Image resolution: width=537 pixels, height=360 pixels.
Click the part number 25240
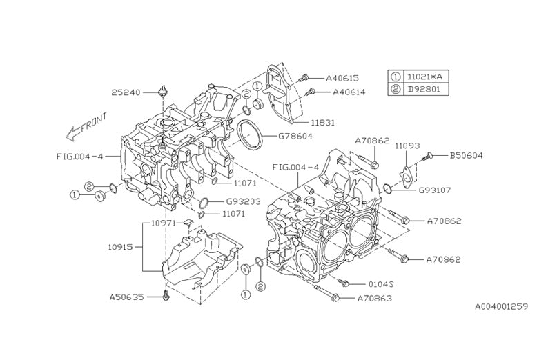coord(127,91)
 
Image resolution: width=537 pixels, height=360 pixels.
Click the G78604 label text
coord(295,136)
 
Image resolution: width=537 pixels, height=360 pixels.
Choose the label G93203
coord(242,202)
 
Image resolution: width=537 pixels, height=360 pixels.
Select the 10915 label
coord(122,246)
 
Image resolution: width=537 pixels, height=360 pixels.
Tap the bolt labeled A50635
coord(166,297)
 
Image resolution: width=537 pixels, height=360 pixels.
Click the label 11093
coord(407,146)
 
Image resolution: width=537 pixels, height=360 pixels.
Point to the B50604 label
coord(466,156)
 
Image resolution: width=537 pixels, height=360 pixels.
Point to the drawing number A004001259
coord(500,306)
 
